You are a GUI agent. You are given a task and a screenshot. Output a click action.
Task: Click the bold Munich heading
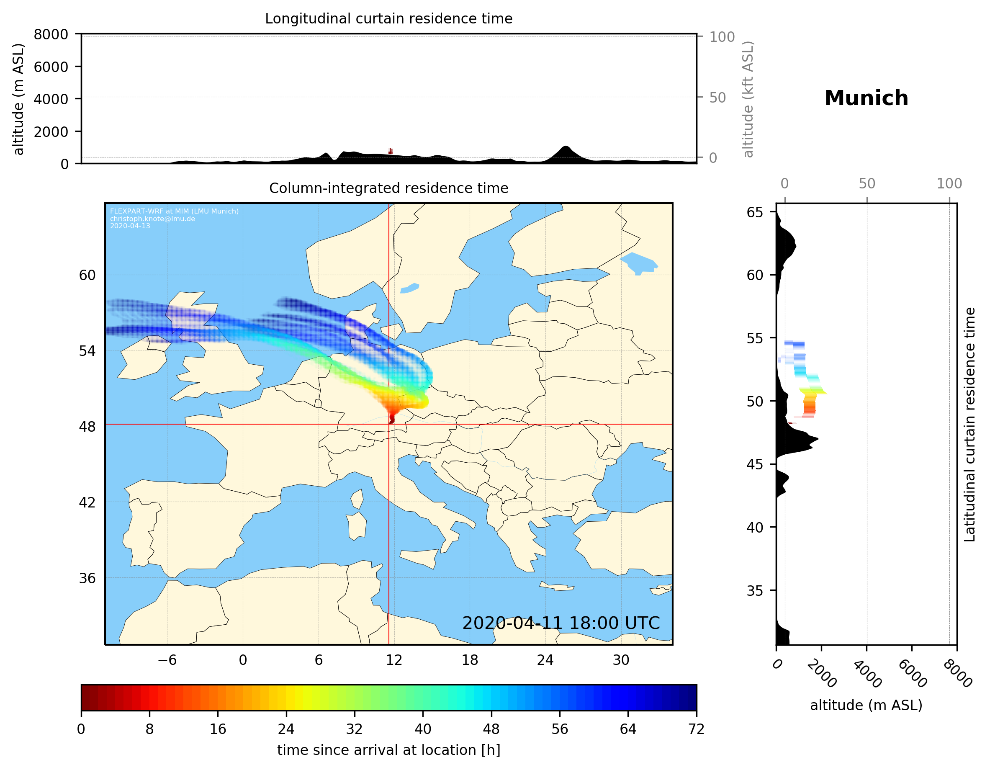click(866, 98)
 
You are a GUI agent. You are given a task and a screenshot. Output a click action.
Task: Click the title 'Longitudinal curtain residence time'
click(388, 18)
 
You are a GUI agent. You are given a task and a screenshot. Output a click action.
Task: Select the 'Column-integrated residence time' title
click(388, 188)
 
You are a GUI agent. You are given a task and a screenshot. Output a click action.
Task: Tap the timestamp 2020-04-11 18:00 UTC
click(561, 623)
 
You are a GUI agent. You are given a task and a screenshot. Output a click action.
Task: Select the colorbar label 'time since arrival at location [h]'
click(388, 750)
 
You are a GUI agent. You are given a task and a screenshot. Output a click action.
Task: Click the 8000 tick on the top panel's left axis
click(51, 34)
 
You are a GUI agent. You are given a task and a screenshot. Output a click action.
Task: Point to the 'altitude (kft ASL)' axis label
click(748, 99)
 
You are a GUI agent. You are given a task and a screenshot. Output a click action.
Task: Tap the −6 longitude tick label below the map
click(167, 660)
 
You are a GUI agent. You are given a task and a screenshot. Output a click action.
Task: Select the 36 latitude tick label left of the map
click(87, 578)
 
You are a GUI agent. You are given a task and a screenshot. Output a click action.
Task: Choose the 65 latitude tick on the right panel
click(755, 212)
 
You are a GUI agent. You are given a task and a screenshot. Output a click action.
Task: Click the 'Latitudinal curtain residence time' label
click(969, 425)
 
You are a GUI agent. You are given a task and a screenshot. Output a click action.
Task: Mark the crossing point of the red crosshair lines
click(389, 425)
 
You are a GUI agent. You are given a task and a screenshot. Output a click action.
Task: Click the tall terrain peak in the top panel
click(565, 148)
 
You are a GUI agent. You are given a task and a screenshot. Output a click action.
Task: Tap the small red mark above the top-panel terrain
click(390, 151)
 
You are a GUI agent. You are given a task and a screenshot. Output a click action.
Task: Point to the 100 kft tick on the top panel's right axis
click(722, 37)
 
